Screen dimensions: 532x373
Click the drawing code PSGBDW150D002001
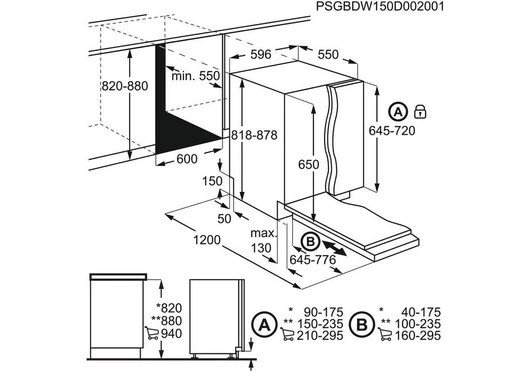point(380,6)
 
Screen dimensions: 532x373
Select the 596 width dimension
point(261,54)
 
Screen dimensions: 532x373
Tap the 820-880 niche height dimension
point(125,86)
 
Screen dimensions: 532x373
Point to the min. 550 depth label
point(196,76)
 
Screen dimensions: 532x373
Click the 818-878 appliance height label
point(254,135)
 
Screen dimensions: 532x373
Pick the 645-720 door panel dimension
point(392,130)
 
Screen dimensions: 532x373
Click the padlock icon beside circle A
point(421,111)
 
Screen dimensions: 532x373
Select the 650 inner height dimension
point(309,165)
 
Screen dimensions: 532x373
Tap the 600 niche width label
point(187,159)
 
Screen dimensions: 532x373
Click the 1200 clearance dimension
point(207,240)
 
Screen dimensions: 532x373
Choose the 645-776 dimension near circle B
point(313,260)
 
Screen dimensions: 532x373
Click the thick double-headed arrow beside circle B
point(334,248)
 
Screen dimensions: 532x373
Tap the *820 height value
point(169,307)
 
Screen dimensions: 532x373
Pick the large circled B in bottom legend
point(361,326)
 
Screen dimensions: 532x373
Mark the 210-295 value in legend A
point(320,336)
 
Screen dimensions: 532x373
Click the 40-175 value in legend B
point(421,312)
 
